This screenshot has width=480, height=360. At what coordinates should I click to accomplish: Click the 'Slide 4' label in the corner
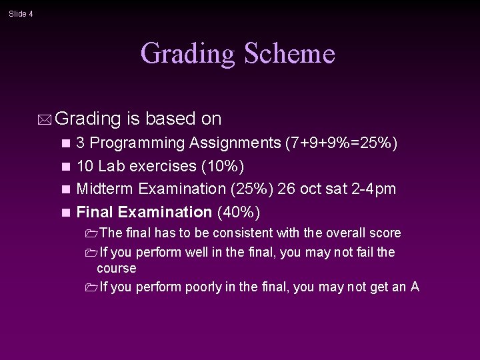pyautogui.click(x=21, y=14)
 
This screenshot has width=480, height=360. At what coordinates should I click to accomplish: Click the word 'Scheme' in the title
pyautogui.click(x=289, y=53)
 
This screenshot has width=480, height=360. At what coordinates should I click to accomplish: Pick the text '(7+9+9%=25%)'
pyautogui.click(x=341, y=143)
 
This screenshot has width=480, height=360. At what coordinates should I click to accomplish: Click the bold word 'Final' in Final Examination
pyautogui.click(x=95, y=213)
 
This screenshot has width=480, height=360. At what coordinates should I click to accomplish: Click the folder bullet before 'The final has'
pyautogui.click(x=91, y=233)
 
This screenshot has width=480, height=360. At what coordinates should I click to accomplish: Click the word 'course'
pyautogui.click(x=116, y=269)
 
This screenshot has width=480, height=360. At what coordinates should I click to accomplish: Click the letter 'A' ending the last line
pyautogui.click(x=415, y=287)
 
